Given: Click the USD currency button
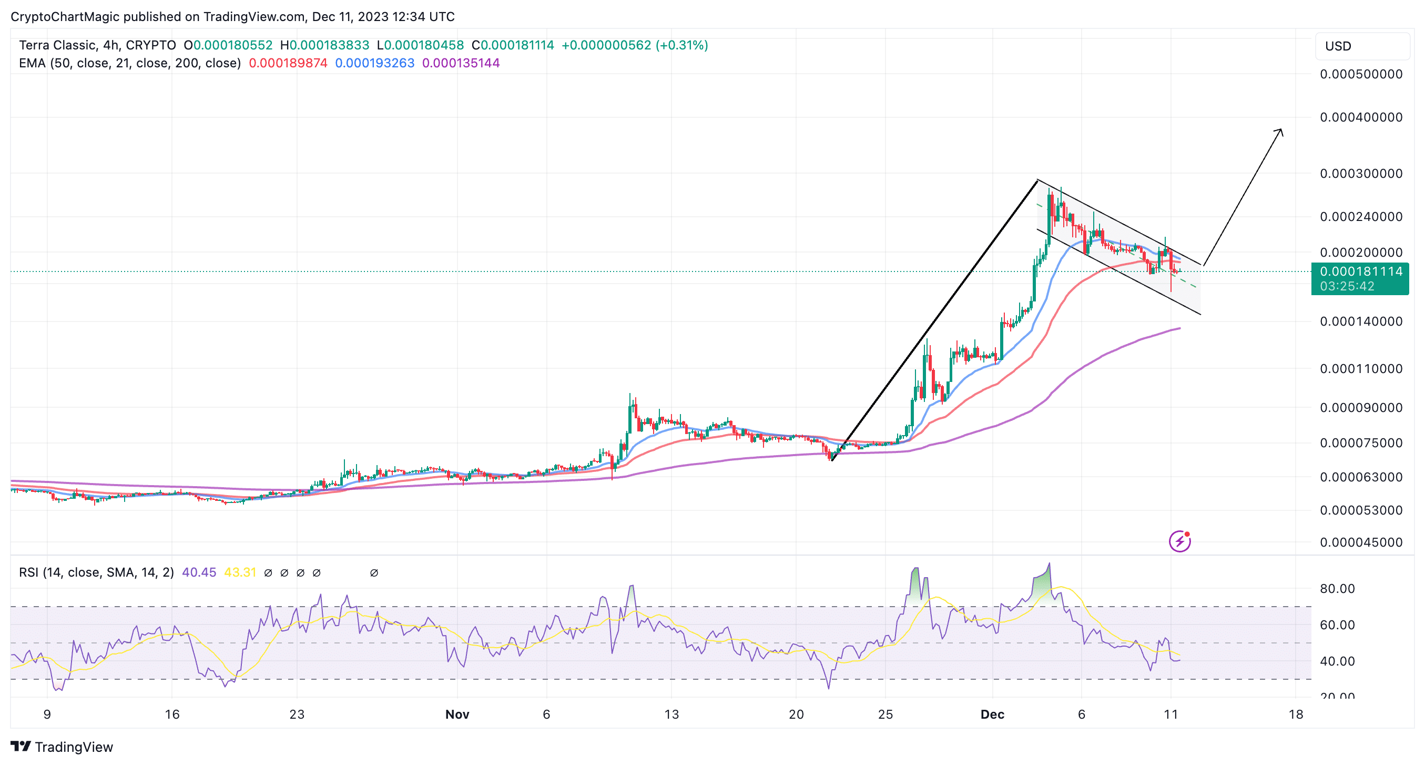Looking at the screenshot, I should [1338, 46].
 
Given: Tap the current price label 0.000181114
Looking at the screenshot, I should [1361, 271].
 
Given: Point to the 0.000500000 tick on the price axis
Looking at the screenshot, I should [1361, 74].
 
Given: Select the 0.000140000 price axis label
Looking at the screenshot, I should [1361, 321].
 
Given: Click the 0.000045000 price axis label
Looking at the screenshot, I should [1361, 542].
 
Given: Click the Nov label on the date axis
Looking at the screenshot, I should [457, 714].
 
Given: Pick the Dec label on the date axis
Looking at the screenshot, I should [992, 714].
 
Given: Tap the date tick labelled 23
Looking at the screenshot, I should [297, 714].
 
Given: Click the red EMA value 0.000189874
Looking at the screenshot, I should [288, 63].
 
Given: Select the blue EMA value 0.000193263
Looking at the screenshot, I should [374, 63].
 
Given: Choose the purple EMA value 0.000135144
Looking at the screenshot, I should [461, 63].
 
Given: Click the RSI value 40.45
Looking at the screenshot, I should [199, 572].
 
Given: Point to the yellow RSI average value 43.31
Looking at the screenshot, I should [240, 572].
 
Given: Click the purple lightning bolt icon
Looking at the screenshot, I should [1179, 541].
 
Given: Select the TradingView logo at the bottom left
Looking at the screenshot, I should [62, 747].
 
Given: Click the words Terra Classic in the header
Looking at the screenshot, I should [57, 45].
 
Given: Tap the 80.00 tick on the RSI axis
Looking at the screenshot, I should [1337, 588].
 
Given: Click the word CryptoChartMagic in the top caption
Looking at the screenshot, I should [65, 17].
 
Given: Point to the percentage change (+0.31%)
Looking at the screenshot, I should [681, 45].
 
